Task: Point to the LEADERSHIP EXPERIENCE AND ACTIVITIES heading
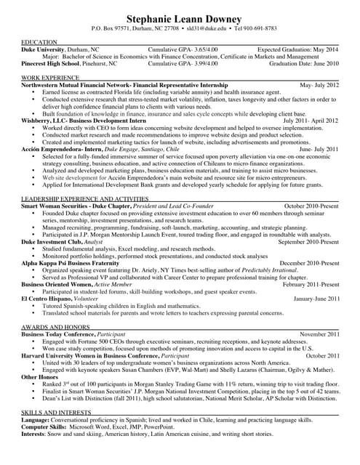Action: point(86,198)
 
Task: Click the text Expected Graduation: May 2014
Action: point(298,49)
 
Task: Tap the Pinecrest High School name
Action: point(54,63)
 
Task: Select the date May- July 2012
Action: point(315,85)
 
